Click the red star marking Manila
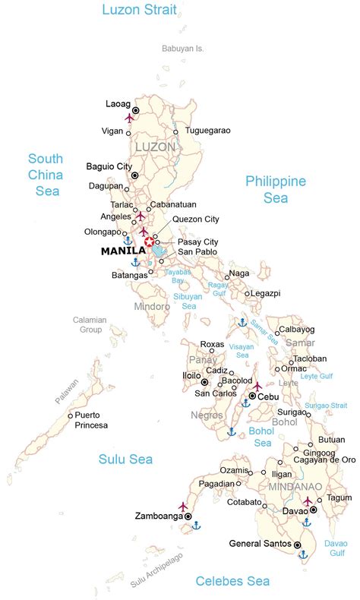pyautogui.click(x=149, y=242)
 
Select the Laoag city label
pyautogui.click(x=118, y=103)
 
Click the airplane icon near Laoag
pyautogui.click(x=129, y=118)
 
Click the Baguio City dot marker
pyautogui.click(x=134, y=175)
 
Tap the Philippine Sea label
pyautogui.click(x=276, y=189)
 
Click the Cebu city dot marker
pyautogui.click(x=252, y=396)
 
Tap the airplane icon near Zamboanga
pyautogui.click(x=183, y=505)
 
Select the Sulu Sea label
pyautogui.click(x=125, y=459)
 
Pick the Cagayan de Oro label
pyautogui.click(x=326, y=459)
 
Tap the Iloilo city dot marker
pyautogui.click(x=205, y=381)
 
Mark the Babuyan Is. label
pyautogui.click(x=183, y=48)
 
